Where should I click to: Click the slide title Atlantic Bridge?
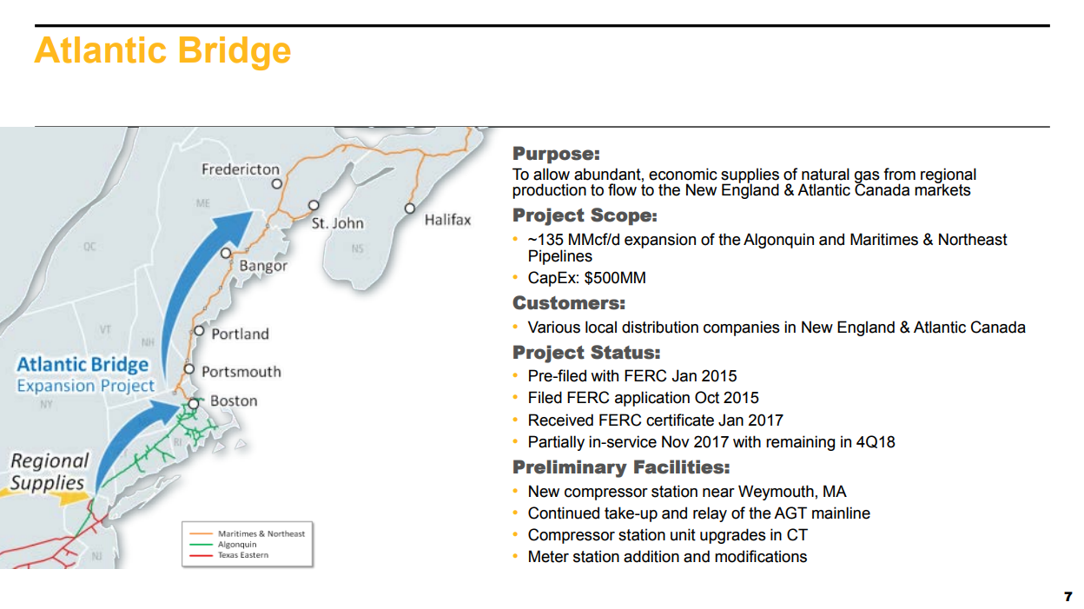162,51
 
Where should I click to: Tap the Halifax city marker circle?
410,209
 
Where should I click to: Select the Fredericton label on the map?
241,169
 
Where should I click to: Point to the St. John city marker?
314,205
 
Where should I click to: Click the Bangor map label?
263,266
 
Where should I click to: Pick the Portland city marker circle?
199,331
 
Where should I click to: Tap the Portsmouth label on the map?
241,372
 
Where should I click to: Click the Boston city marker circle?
194,403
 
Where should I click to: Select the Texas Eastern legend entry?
243,555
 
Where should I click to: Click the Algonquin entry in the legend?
237,545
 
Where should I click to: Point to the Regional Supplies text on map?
50,472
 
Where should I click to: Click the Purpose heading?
556,154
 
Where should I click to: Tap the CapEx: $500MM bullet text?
586,278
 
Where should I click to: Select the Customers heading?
569,303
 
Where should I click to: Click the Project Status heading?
586,353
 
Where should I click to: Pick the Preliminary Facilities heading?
621,467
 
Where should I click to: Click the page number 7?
1068,597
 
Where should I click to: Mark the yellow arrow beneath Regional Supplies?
46,497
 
